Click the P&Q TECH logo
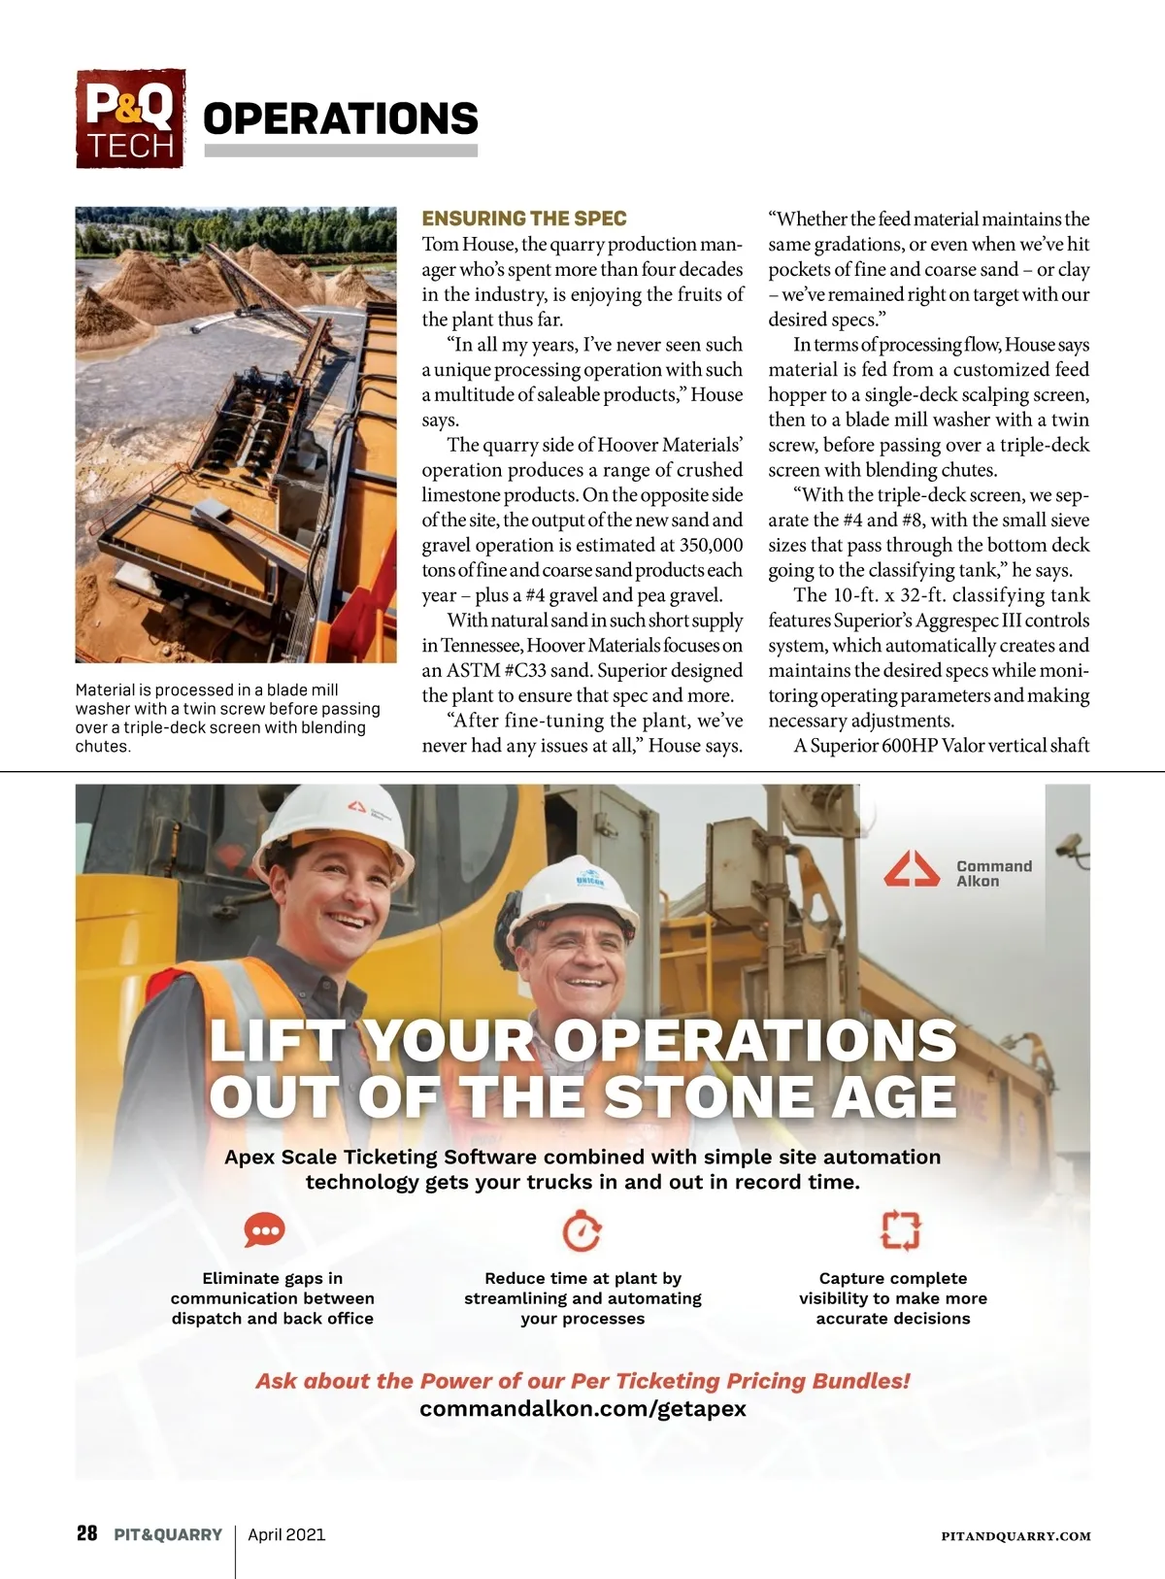130,118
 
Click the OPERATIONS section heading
340,118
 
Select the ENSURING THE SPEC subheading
524,218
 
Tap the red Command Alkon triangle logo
911,869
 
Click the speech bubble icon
264,1229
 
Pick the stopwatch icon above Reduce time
582,1230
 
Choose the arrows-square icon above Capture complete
900,1230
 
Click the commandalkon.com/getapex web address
582,1408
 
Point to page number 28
86,1534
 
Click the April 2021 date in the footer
286,1535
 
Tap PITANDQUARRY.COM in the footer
1015,1536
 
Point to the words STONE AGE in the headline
781,1097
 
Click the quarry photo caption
227,718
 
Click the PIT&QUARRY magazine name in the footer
168,1535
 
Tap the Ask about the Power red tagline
582,1381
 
